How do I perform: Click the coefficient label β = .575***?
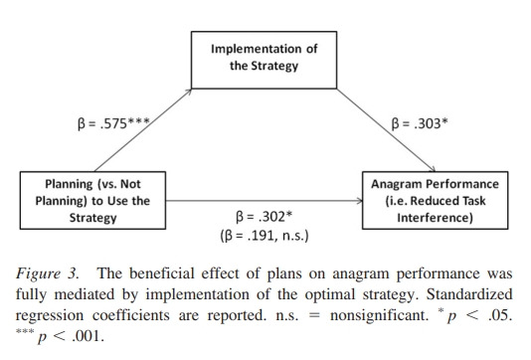[x=113, y=123]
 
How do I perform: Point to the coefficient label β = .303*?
[x=420, y=123]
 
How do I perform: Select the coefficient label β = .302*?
[x=264, y=217]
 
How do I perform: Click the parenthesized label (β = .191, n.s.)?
[x=265, y=236]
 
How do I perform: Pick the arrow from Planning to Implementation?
[x=143, y=130]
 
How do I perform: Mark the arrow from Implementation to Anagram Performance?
[x=386, y=130]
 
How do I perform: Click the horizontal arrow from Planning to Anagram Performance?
[x=265, y=201]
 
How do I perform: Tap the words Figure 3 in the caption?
[x=47, y=273]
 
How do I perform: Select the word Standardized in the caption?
[x=469, y=294]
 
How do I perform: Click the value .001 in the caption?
[x=88, y=336]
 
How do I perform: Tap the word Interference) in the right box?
[x=435, y=218]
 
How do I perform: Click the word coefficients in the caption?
[x=130, y=315]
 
